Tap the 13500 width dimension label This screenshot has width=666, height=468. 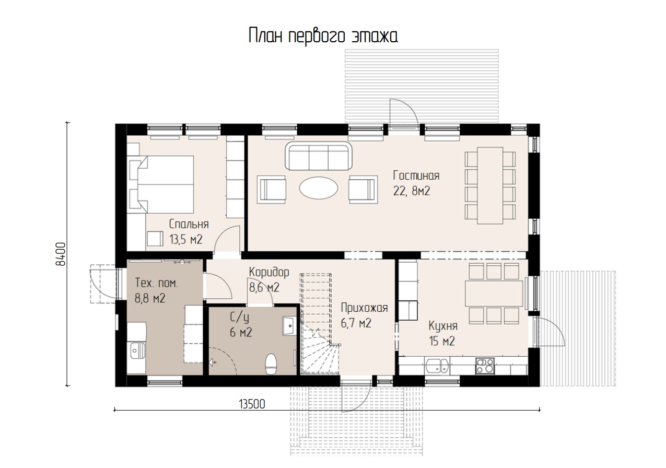coord(252,404)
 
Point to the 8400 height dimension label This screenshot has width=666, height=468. coord(61,254)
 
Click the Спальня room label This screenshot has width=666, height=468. coord(189,224)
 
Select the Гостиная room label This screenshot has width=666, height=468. coord(416,175)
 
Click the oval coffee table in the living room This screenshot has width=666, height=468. coord(319,188)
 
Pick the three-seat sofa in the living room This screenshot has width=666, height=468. coord(319,156)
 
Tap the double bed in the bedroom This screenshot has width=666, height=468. coord(162,184)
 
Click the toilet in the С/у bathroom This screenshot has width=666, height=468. coord(271,364)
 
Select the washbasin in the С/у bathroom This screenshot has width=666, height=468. coord(289,326)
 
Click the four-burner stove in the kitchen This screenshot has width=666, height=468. coord(485,366)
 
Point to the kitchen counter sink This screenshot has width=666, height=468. coord(437,366)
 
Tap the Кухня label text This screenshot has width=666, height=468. coord(443,326)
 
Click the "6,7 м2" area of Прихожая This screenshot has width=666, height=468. coord(356,323)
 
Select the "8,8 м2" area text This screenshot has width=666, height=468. coord(150,298)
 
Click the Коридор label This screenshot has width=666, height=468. coord(269,272)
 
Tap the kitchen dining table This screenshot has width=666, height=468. coord(494,294)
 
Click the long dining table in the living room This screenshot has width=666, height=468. coord(490,185)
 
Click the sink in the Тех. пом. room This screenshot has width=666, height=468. coord(137,350)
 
